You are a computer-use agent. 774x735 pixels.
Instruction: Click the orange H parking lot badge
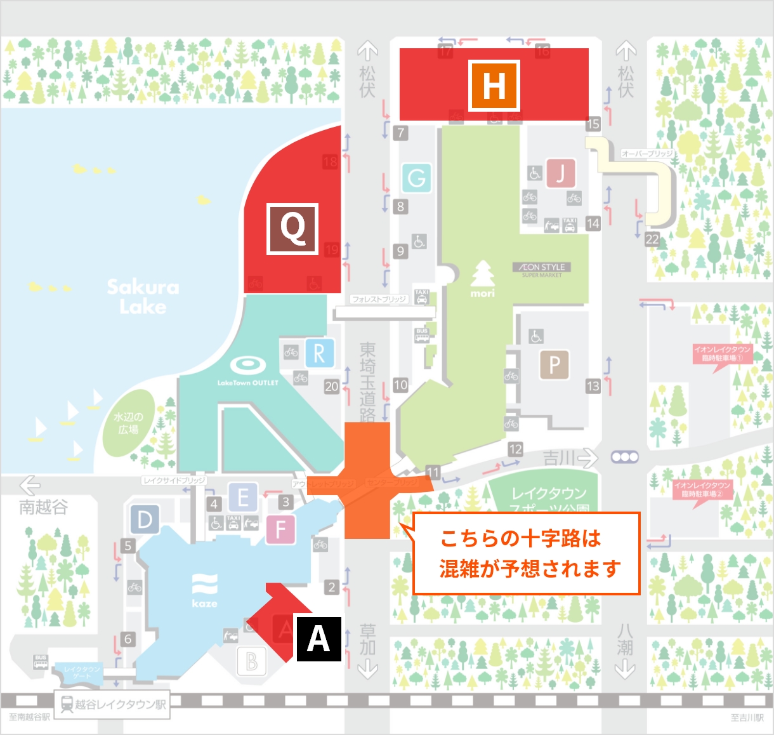coord(494,86)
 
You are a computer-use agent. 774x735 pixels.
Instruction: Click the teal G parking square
coord(416,178)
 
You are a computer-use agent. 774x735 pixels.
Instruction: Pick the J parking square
coord(560,173)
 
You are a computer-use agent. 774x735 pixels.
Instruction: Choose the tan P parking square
coord(554,365)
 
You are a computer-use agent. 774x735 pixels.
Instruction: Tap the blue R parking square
coord(319,354)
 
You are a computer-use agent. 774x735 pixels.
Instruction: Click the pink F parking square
coord(280,529)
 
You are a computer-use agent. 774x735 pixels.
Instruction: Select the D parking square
coord(145,520)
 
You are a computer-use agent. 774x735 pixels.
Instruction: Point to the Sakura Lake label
coord(143,296)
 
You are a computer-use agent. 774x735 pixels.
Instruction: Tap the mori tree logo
coord(483,279)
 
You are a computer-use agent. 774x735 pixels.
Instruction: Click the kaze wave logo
coord(204,590)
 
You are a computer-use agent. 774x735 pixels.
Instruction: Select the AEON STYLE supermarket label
coord(542,270)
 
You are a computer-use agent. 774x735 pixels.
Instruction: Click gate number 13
coord(593,386)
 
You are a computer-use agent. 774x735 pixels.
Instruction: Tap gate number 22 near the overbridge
coord(652,239)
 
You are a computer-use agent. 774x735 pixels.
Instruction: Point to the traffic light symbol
coord(625,457)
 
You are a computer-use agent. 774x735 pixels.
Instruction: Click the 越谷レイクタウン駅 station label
coord(112,705)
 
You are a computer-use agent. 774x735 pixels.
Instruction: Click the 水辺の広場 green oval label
coord(128,423)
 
